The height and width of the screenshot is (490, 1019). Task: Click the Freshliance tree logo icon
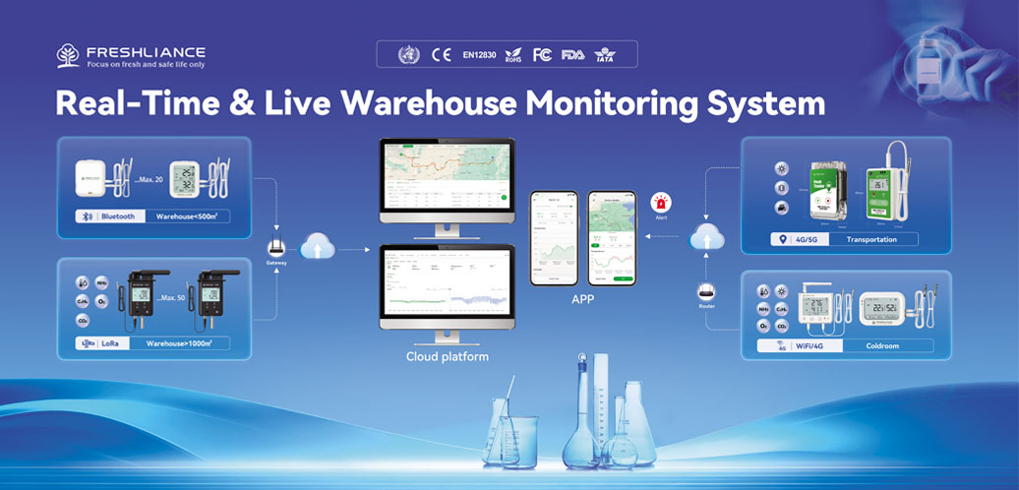(68, 54)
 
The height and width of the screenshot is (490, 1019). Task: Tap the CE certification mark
(442, 54)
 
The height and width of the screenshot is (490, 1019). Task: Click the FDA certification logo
(572, 54)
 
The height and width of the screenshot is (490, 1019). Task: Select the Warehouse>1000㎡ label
(188, 343)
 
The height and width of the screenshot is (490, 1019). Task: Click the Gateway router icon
(276, 247)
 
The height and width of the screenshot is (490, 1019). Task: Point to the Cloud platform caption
(448, 356)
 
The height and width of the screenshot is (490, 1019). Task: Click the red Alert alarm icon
(661, 202)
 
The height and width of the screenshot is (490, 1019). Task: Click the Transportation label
(874, 239)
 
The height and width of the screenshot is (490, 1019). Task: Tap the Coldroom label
(882, 346)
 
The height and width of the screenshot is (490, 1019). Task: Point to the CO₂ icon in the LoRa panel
(83, 321)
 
